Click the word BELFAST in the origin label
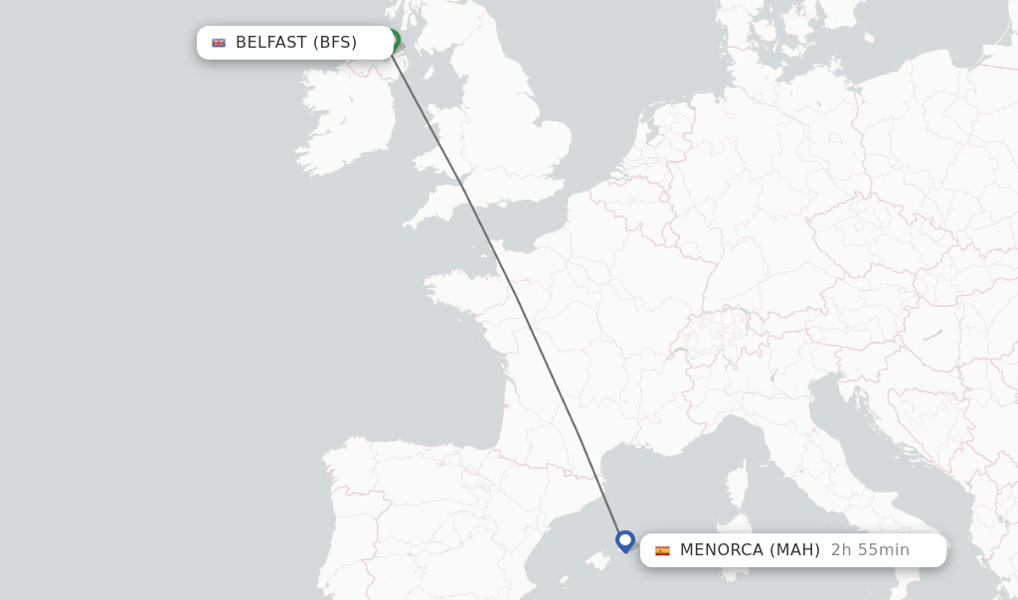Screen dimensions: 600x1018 [271, 43]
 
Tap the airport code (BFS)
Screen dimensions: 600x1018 [335, 43]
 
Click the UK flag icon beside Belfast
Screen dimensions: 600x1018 [219, 43]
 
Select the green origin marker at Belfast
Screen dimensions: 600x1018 [394, 40]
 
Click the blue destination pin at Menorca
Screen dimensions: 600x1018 [625, 540]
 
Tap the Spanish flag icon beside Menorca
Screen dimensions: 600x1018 [662, 550]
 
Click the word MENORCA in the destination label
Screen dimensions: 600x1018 [723, 550]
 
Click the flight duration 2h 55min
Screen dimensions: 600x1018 [870, 550]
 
